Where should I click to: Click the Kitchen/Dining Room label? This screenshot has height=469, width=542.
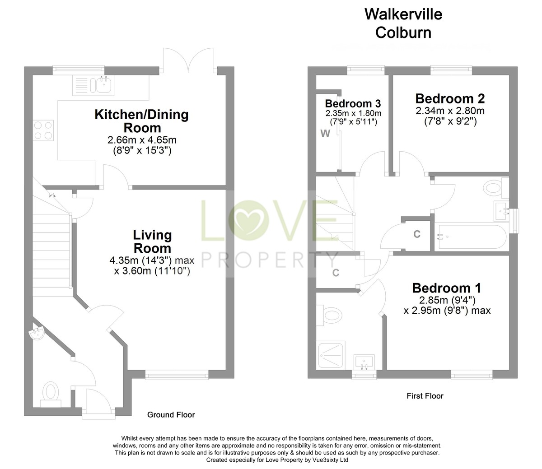141,121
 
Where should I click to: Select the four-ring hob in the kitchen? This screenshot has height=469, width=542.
43,130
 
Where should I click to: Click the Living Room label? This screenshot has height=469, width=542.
152,241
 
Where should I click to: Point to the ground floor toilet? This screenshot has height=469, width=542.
50,390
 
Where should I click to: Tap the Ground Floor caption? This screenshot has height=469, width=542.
171,414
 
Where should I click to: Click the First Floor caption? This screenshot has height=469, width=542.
425,396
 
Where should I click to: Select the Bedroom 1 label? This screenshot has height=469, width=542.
446,288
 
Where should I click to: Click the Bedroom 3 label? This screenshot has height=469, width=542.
353,103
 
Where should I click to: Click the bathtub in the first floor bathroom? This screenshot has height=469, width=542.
470,237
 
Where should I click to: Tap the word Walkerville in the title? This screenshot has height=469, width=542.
403,14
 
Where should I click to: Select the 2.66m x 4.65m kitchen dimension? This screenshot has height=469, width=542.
141,140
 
